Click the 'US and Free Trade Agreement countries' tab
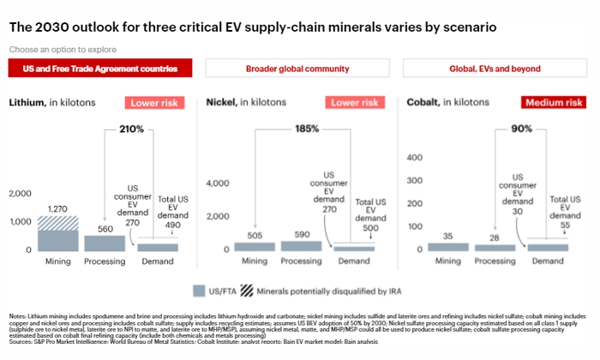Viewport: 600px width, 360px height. point(99,68)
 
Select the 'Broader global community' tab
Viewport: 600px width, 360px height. point(297,68)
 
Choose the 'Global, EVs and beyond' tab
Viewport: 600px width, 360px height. point(497,68)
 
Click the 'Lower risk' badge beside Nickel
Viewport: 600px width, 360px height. point(355,103)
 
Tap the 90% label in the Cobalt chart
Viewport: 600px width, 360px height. point(522,129)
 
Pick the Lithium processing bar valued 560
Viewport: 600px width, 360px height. point(105,242)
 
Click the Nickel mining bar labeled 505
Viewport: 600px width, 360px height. point(253,247)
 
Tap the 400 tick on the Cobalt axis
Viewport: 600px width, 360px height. point(416,158)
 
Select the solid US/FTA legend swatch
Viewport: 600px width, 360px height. point(200,290)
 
